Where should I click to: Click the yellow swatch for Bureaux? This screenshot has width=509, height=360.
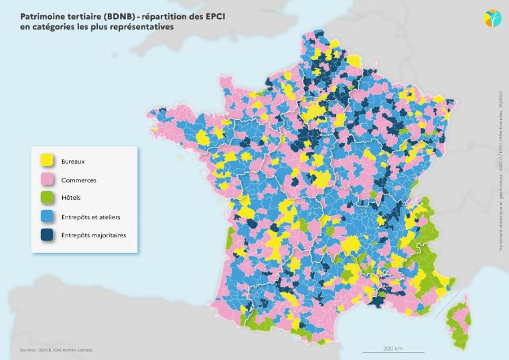point(47,161)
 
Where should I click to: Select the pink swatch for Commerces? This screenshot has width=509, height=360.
point(47,180)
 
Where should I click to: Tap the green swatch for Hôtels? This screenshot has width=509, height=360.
point(47,198)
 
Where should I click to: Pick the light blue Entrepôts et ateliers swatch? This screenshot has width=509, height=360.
point(47,217)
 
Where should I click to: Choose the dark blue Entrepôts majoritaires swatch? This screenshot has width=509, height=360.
point(47,235)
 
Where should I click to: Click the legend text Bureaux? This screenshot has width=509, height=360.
point(73,162)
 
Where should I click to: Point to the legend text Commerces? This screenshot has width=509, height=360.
point(78,180)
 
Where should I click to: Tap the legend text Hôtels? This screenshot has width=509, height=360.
point(71,198)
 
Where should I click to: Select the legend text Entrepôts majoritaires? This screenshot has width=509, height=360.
point(93,235)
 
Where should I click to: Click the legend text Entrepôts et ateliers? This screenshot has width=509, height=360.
point(90,217)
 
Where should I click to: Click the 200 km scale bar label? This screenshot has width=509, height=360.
point(393,349)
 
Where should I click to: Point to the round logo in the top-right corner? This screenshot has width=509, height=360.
point(492,17)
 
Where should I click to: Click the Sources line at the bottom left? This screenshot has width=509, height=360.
point(56,350)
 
